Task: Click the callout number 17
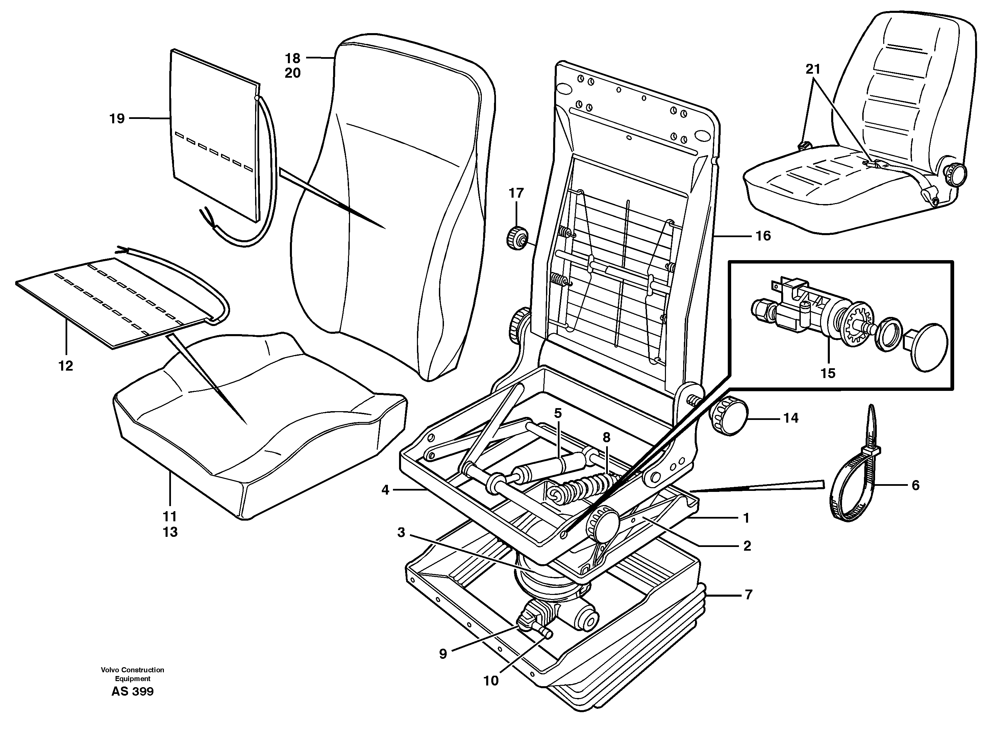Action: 516,193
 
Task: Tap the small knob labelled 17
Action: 517,238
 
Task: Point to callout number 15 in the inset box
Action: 828,373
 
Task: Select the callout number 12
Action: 66,366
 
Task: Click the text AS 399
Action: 132,691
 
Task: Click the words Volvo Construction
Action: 132,670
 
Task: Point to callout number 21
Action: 813,69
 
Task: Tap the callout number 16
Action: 763,236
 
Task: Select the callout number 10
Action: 491,681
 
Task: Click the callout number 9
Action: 443,654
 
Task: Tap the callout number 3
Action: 401,532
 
